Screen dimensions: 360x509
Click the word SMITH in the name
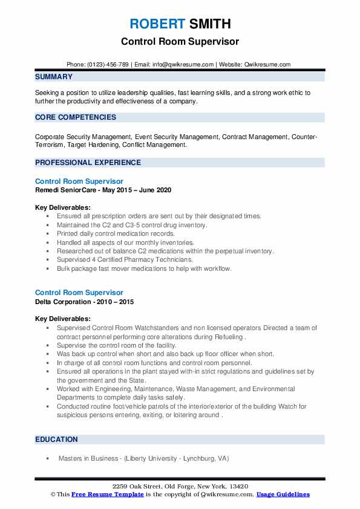(209, 24)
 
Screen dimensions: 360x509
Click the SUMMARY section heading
(54, 77)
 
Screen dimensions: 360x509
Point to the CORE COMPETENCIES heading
(76, 117)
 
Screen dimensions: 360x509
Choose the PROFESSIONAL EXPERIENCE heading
(88, 163)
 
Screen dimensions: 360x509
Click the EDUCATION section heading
(56, 439)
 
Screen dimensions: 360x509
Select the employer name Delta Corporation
(64, 302)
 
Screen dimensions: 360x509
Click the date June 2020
(152, 190)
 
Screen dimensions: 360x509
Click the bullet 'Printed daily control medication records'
(116, 233)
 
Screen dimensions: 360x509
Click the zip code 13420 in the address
(237, 487)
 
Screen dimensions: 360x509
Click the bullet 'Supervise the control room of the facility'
(117, 345)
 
